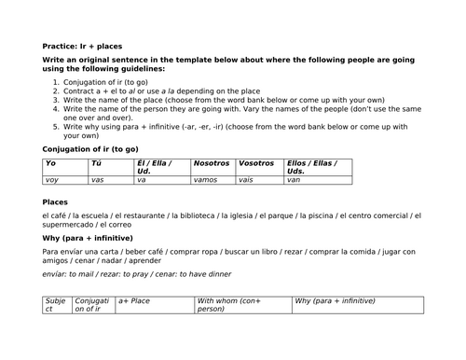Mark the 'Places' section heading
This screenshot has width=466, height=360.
click(x=56, y=202)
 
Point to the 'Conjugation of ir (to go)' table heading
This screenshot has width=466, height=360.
click(x=93, y=148)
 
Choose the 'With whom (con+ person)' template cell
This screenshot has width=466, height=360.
click(x=230, y=305)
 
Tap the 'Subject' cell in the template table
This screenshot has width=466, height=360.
click(x=56, y=305)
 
